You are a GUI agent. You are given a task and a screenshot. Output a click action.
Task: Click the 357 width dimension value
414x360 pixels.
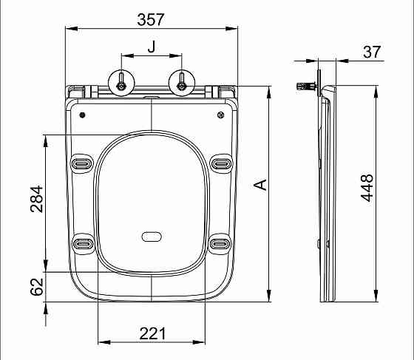[x=152, y=19]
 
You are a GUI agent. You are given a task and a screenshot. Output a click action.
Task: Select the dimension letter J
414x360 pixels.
[x=152, y=47]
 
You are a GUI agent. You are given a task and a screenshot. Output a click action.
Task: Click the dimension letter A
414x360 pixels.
[x=259, y=185]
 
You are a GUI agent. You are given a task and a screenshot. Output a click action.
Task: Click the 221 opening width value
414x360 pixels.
[x=152, y=334]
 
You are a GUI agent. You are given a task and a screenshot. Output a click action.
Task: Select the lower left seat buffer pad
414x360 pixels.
[x=81, y=242]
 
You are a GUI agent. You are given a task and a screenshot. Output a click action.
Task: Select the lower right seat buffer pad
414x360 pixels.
[x=220, y=242]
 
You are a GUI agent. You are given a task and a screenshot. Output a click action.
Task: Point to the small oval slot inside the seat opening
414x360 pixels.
[x=152, y=237]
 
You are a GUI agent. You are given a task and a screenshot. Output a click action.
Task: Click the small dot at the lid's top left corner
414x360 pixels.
[x=82, y=115]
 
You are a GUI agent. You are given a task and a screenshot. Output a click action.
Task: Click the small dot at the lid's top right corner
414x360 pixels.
[x=221, y=115]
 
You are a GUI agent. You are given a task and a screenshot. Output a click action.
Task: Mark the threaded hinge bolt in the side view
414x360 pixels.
[x=303, y=88]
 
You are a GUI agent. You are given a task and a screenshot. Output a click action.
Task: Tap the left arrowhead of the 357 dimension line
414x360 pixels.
[x=69, y=30]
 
